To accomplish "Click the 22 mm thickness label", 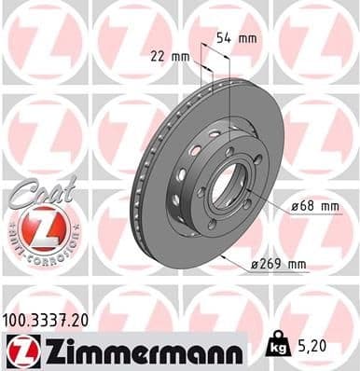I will (170, 57).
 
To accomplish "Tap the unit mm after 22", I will (180, 57).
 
